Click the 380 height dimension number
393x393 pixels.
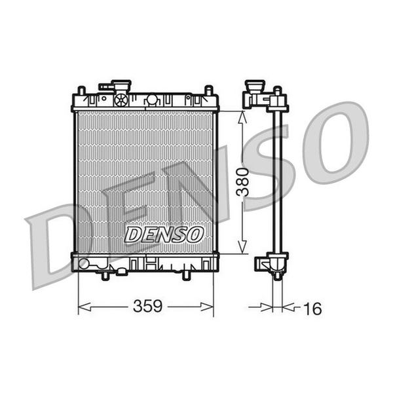click(x=242, y=182)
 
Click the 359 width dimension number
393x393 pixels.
click(x=147, y=306)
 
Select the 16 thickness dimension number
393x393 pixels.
click(x=312, y=309)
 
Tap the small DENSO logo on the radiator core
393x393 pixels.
click(x=163, y=234)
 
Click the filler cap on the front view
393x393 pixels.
click(x=121, y=86)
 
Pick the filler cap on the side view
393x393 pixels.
click(x=255, y=86)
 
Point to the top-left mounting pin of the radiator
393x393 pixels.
click(x=81, y=90)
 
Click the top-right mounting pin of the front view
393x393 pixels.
click(x=209, y=90)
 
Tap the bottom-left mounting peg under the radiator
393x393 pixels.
click(x=105, y=276)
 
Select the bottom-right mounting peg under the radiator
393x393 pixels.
click(x=186, y=276)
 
